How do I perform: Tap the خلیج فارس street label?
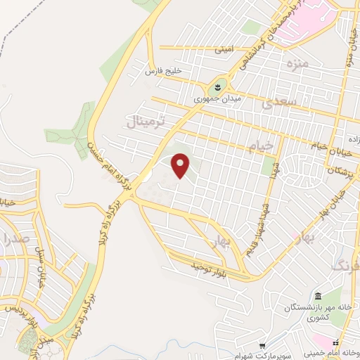click(163, 72)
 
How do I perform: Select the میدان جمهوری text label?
click(218, 100)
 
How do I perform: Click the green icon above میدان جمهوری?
click(219, 87)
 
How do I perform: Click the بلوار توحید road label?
click(211, 268)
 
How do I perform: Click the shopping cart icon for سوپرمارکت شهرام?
click(262, 345)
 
